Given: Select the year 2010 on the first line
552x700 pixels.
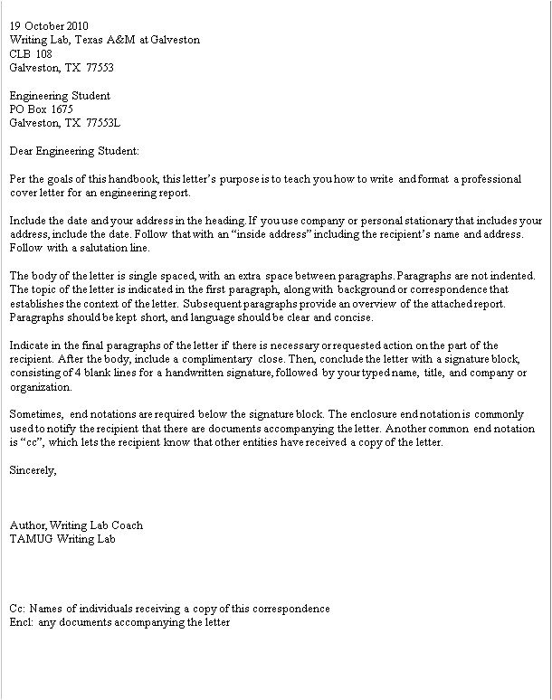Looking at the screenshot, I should [x=77, y=26].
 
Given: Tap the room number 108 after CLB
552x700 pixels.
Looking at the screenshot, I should [x=43, y=53].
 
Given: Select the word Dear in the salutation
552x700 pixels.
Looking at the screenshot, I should [x=22, y=150].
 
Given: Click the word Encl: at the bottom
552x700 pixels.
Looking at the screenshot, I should [x=21, y=622].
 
